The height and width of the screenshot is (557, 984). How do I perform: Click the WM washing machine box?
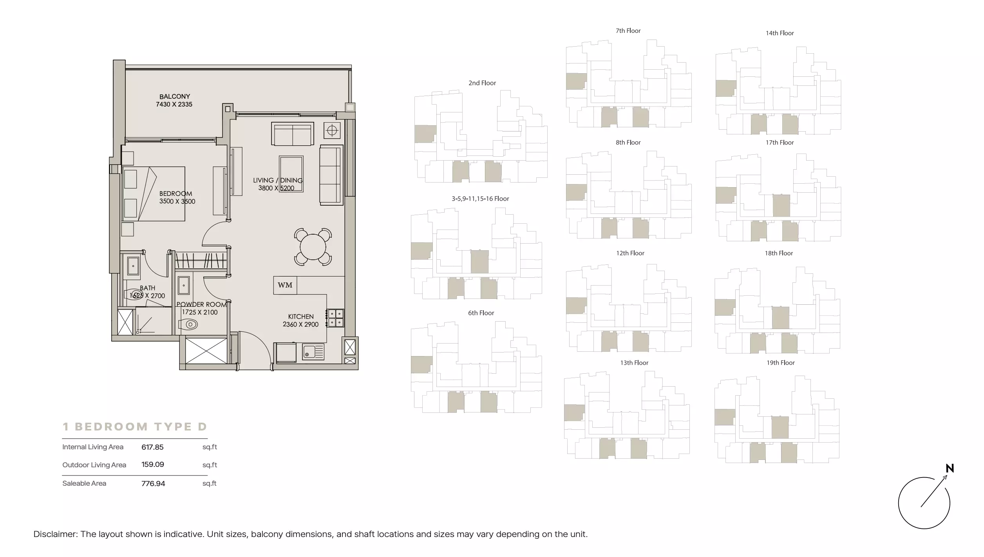tap(285, 285)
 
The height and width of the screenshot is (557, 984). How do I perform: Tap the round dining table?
tap(313, 247)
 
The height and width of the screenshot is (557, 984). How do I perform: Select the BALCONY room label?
tap(175, 96)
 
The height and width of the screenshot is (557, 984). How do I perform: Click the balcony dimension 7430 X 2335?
tap(174, 105)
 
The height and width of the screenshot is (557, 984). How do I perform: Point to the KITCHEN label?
tap(301, 316)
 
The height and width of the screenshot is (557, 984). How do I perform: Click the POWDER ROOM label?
tap(201, 304)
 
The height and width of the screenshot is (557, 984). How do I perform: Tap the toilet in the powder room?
tap(188, 324)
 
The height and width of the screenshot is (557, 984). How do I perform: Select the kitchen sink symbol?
tap(313, 352)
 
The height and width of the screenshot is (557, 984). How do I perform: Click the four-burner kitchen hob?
tap(336, 318)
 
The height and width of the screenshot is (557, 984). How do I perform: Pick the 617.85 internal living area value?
tap(152, 447)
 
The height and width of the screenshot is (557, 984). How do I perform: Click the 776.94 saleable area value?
tap(153, 484)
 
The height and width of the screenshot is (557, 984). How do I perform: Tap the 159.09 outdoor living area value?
tap(153, 465)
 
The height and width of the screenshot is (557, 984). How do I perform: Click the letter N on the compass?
tap(950, 468)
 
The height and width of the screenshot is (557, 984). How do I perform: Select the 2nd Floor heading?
tap(482, 83)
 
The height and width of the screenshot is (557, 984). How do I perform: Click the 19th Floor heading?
tap(781, 363)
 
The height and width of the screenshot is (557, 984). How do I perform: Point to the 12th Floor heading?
tap(630, 253)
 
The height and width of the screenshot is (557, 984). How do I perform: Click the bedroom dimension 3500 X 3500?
tap(177, 201)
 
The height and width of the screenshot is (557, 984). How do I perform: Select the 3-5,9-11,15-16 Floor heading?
tap(480, 199)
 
